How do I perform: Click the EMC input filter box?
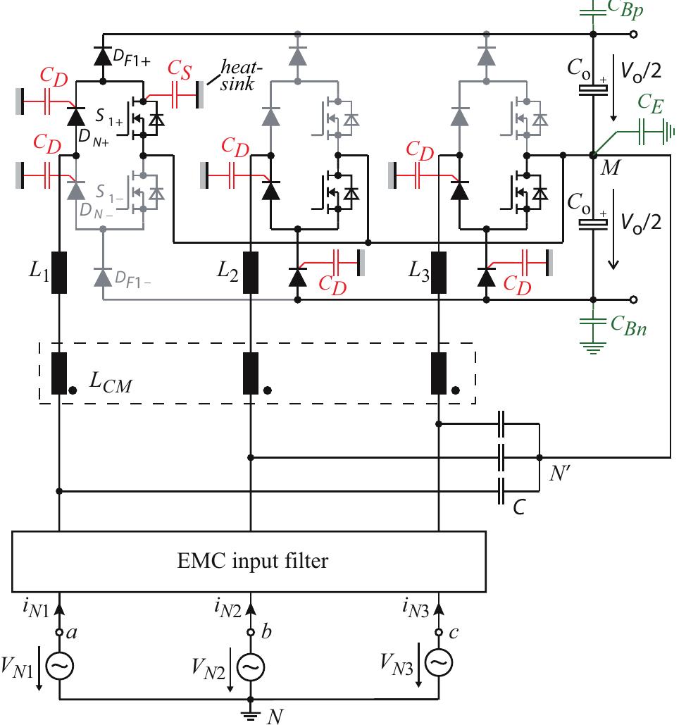(x=249, y=562)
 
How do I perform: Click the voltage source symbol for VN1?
(x=59, y=664)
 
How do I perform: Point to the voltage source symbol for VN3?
(x=439, y=663)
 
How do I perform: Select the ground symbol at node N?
(x=251, y=713)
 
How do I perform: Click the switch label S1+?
(x=113, y=119)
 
